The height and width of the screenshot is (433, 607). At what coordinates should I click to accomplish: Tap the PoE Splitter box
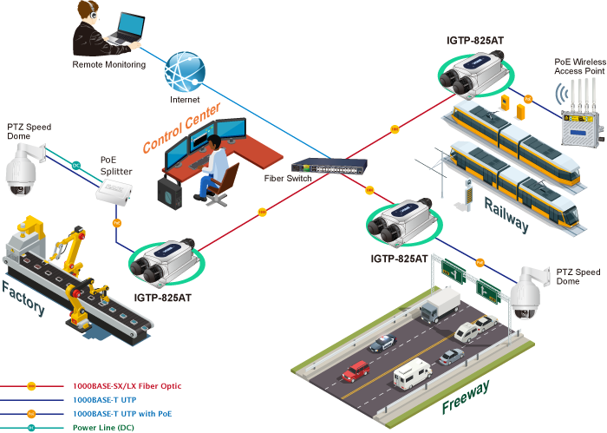tap(114, 199)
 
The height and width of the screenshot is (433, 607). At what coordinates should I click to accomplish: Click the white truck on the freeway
tap(441, 305)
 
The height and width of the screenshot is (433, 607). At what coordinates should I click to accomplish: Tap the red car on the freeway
tap(355, 372)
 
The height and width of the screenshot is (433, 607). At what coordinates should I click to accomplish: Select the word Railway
tap(506, 212)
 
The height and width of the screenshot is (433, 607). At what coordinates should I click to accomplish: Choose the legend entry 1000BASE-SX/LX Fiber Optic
tap(127, 385)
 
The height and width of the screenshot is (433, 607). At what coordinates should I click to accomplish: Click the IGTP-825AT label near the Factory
tap(162, 298)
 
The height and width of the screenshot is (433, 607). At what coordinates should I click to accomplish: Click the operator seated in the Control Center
tap(214, 165)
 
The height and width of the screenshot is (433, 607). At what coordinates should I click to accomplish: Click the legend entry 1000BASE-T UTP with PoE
tap(122, 413)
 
